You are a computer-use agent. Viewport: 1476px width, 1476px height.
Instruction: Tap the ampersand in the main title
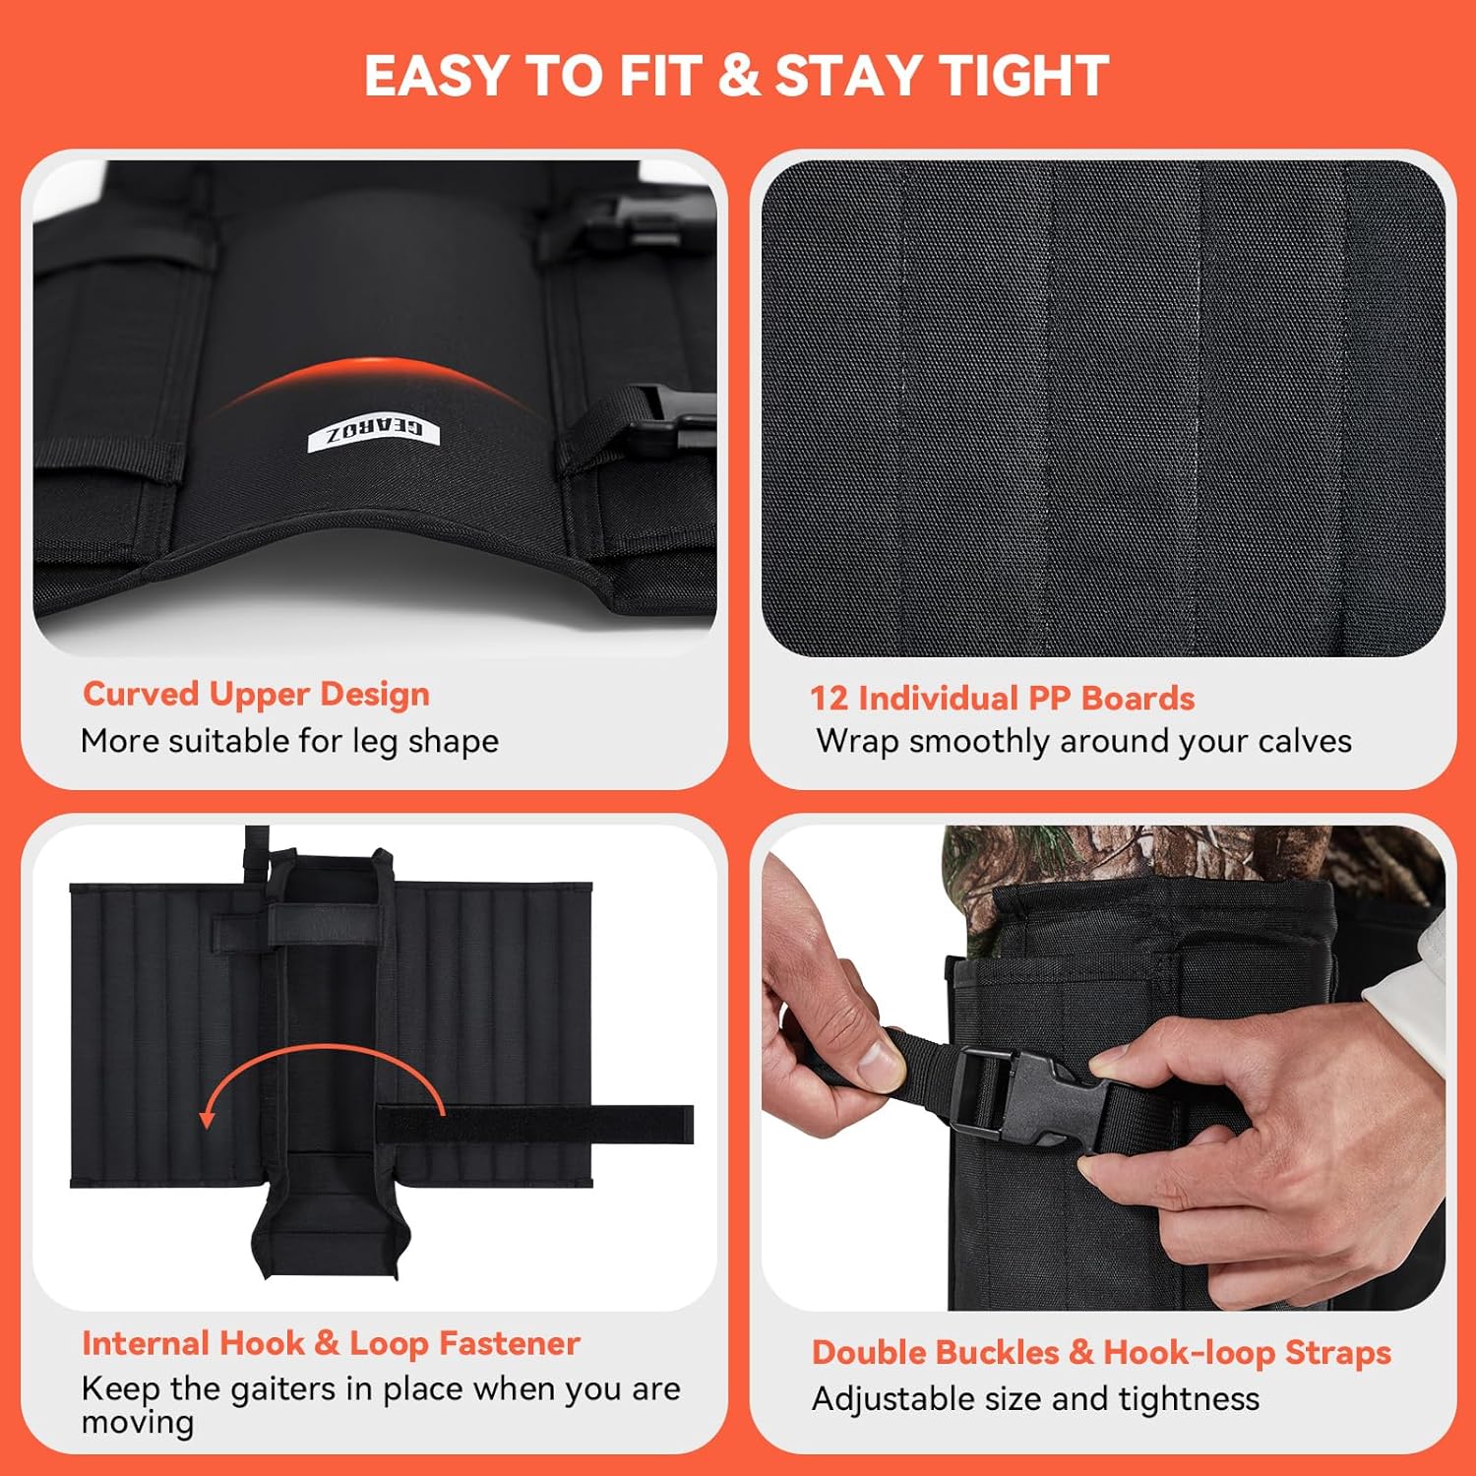(739, 76)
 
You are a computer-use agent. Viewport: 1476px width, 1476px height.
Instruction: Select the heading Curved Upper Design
(256, 694)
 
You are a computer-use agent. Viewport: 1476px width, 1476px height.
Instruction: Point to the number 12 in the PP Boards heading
(829, 699)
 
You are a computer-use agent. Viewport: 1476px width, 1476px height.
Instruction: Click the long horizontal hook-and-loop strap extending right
(535, 1124)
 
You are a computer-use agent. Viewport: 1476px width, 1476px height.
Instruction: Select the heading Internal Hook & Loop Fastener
(331, 1343)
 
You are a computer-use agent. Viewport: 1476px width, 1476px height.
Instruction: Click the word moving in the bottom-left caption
(138, 1423)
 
